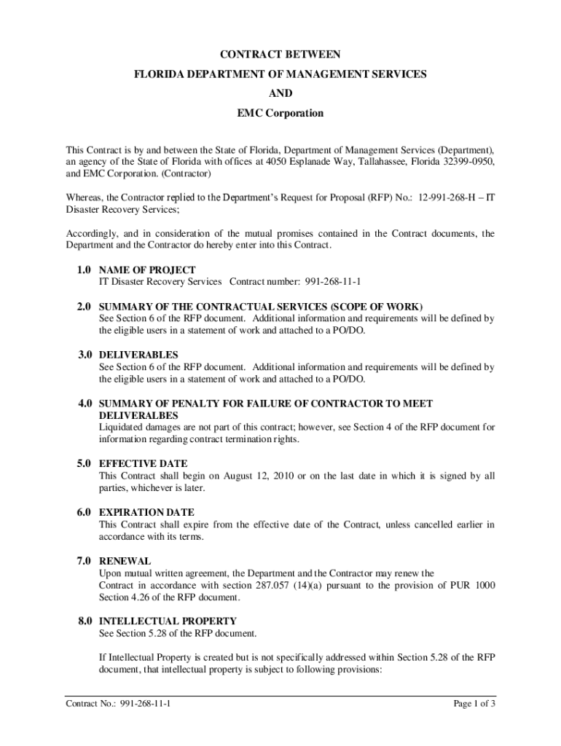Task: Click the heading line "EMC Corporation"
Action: (280, 114)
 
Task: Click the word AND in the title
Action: (280, 94)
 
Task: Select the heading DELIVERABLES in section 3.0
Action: (138, 355)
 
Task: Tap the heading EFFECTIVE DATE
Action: (143, 463)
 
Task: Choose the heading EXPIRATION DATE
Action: (146, 512)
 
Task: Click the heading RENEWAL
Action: (125, 561)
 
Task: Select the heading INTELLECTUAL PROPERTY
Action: (168, 621)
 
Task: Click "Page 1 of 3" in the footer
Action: (474, 704)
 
